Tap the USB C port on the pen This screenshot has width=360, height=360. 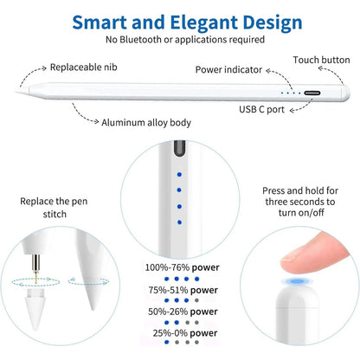312,93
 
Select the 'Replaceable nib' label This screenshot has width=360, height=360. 84,67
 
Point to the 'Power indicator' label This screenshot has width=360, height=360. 228,69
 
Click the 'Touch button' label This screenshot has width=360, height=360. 321,60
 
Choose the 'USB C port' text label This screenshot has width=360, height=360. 262,109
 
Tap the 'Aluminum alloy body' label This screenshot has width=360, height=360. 146,123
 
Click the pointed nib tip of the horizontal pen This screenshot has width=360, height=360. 16,92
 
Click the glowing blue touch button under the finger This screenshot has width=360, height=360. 295,281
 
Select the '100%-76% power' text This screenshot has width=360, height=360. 182,267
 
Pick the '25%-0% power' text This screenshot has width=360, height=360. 185,333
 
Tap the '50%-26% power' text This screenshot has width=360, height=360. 183,312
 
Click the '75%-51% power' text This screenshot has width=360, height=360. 183,290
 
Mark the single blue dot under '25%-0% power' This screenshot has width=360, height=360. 166,343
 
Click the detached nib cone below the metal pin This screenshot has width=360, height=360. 35,310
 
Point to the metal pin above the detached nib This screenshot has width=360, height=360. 35,268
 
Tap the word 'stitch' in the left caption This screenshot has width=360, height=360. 55,215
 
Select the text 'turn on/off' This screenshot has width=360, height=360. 301,213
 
